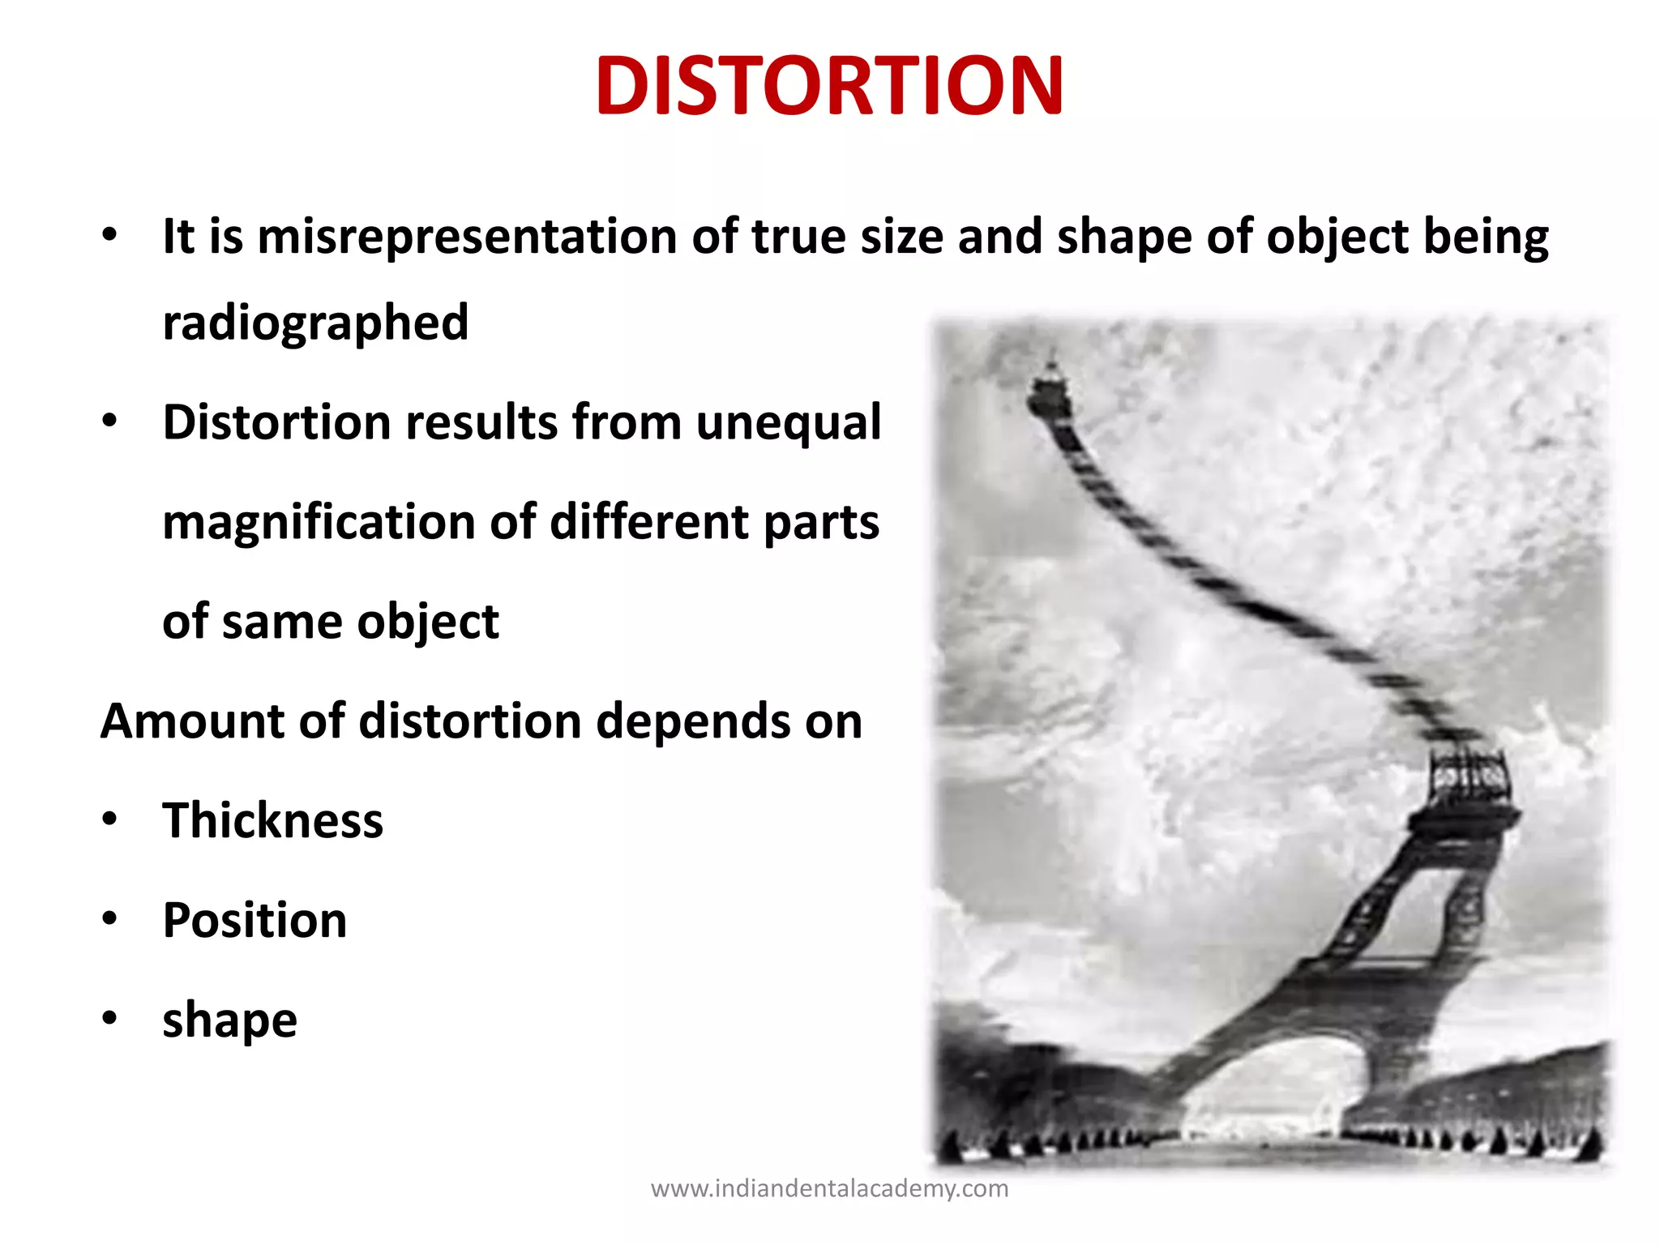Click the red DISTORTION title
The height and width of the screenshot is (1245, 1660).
point(829,86)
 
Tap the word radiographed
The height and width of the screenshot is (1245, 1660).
point(315,323)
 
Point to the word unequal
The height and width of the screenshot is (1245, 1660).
point(788,422)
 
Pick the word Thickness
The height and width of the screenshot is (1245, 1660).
point(272,820)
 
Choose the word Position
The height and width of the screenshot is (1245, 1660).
point(255,920)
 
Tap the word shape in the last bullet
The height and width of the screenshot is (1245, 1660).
point(229,1020)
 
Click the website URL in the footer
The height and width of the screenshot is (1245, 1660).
point(829,1189)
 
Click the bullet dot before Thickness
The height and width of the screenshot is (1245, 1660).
point(110,819)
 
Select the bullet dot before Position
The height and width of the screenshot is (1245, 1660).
point(110,918)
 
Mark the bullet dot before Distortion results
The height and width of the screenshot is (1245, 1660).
point(110,421)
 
